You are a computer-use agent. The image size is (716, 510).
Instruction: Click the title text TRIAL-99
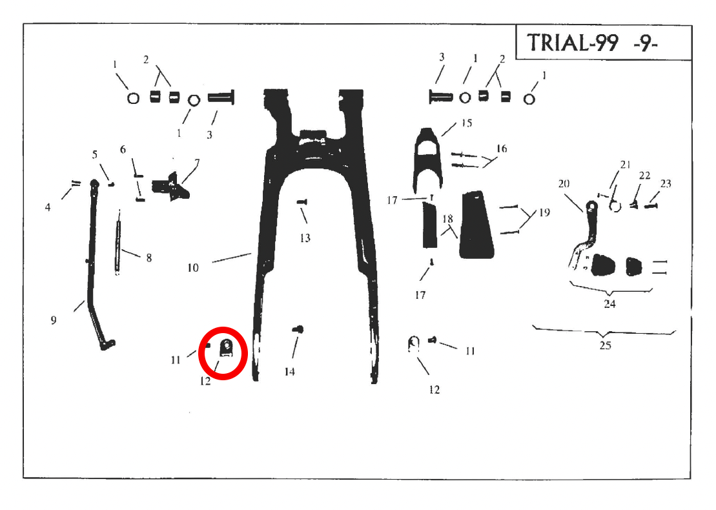point(573,43)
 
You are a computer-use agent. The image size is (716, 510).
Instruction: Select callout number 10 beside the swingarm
point(192,267)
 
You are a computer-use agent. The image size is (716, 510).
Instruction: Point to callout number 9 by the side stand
point(54,320)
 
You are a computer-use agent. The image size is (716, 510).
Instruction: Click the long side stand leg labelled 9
point(97,265)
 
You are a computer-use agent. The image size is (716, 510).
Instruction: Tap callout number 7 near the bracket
point(197,163)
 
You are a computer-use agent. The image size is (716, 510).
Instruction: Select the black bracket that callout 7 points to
point(172,187)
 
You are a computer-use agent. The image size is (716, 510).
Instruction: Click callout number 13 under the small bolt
point(305,238)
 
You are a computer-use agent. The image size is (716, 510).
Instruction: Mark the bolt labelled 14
point(298,329)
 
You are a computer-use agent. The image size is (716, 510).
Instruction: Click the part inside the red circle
point(225,348)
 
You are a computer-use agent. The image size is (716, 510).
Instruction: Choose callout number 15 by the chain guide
point(466,123)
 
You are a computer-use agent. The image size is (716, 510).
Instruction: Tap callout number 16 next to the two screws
point(502,148)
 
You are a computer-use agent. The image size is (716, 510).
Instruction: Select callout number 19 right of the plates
point(544,212)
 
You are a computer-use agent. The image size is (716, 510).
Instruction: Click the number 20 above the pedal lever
point(564,183)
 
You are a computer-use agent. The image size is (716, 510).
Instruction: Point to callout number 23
point(666,183)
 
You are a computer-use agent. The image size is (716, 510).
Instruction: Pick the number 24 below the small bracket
point(609,303)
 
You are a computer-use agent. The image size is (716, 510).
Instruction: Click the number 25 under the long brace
point(605,345)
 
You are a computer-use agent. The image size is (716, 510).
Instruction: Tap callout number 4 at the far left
point(48,207)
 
